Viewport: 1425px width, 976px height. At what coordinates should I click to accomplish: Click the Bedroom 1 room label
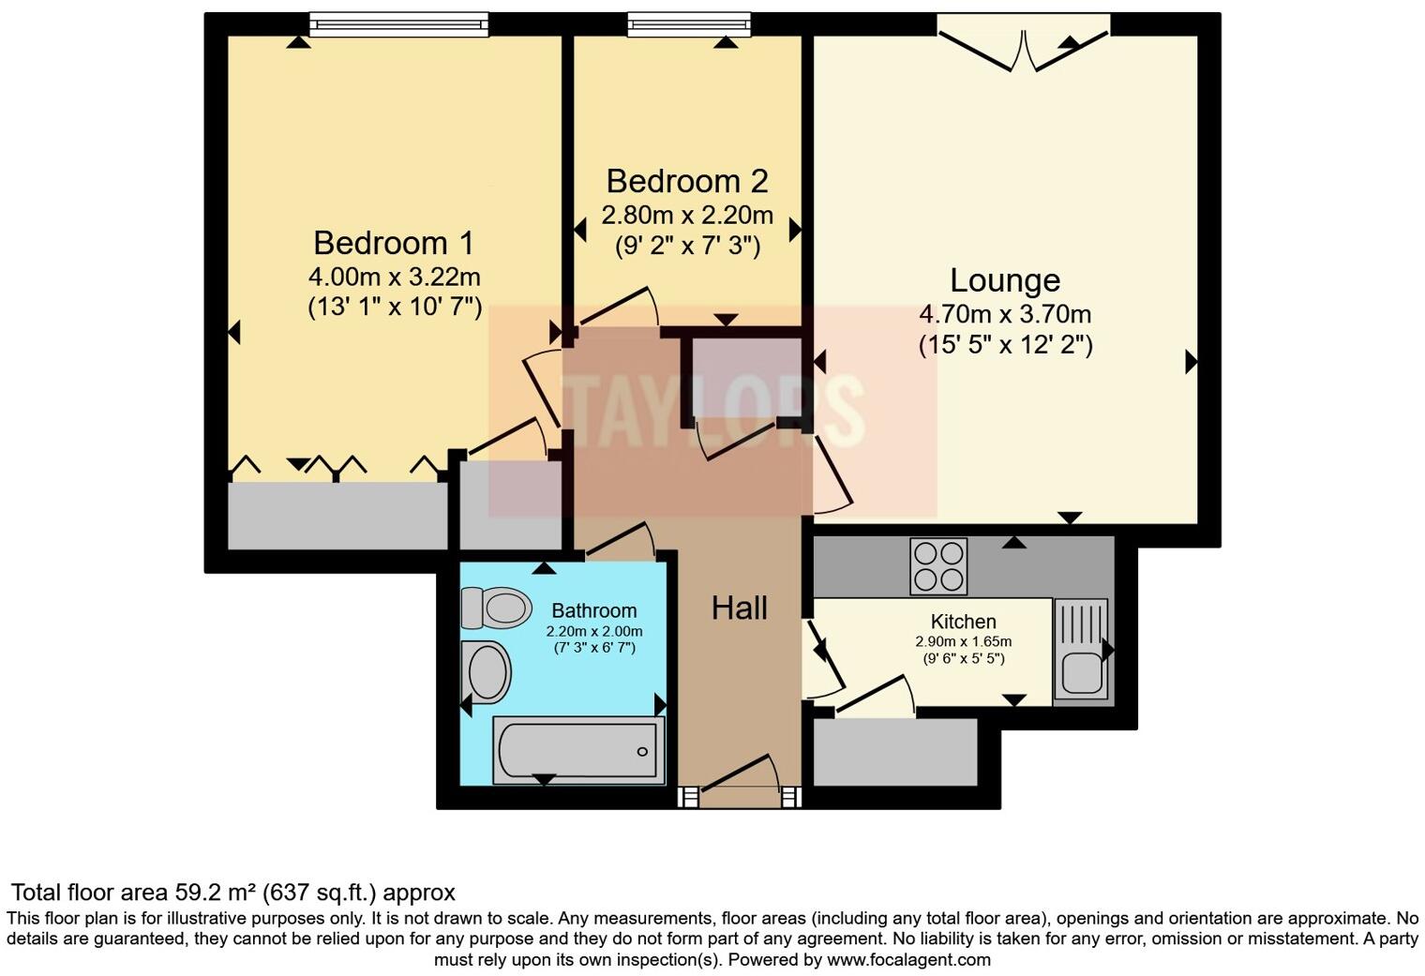coord(394,243)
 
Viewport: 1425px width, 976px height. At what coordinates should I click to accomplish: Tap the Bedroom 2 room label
coord(686,181)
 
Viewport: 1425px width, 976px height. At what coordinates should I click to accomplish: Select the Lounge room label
coord(1005,280)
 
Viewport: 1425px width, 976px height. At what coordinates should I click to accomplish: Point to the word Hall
coord(739,608)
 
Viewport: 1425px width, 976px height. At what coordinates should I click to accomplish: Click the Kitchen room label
coord(963,622)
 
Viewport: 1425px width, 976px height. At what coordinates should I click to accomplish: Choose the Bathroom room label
coord(593,610)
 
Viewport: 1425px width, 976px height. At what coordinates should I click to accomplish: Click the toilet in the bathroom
coord(497,608)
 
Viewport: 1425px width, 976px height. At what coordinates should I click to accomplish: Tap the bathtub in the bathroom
coord(578,750)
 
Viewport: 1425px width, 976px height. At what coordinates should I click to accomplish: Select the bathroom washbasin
coord(487,672)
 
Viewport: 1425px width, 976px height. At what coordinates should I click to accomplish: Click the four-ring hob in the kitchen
coord(938,566)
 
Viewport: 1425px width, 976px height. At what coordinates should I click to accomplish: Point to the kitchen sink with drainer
coord(1081,650)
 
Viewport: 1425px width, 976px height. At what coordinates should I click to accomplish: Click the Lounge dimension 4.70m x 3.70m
coord(1005,314)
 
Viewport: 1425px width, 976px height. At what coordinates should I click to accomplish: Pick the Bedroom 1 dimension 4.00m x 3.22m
coord(394,277)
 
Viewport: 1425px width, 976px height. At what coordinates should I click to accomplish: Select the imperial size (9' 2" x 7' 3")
coord(687,247)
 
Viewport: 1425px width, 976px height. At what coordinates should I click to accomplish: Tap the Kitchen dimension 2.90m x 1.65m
coord(963,642)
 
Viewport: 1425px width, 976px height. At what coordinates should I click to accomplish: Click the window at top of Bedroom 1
coord(398,23)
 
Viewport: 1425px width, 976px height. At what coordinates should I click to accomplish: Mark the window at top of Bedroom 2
coord(689,23)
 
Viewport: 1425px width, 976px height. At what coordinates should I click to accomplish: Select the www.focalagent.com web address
coord(908,960)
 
